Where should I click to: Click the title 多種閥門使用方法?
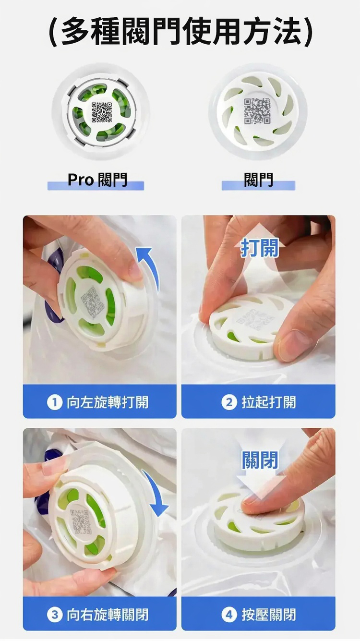click(180, 32)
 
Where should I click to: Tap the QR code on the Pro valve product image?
click(102, 112)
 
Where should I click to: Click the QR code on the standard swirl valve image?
click(257, 111)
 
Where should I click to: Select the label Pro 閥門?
click(97, 180)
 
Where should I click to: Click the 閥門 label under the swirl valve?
click(258, 180)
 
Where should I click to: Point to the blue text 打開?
click(259, 248)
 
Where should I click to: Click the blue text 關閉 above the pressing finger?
click(260, 460)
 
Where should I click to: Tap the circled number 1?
click(55, 402)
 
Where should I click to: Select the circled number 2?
click(229, 402)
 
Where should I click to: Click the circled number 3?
click(55, 615)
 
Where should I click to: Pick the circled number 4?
click(229, 615)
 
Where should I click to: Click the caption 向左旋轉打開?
click(108, 402)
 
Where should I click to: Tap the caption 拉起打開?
click(269, 402)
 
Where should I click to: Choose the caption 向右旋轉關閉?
click(108, 615)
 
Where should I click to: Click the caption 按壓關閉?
click(269, 615)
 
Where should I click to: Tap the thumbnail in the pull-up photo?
click(292, 346)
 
